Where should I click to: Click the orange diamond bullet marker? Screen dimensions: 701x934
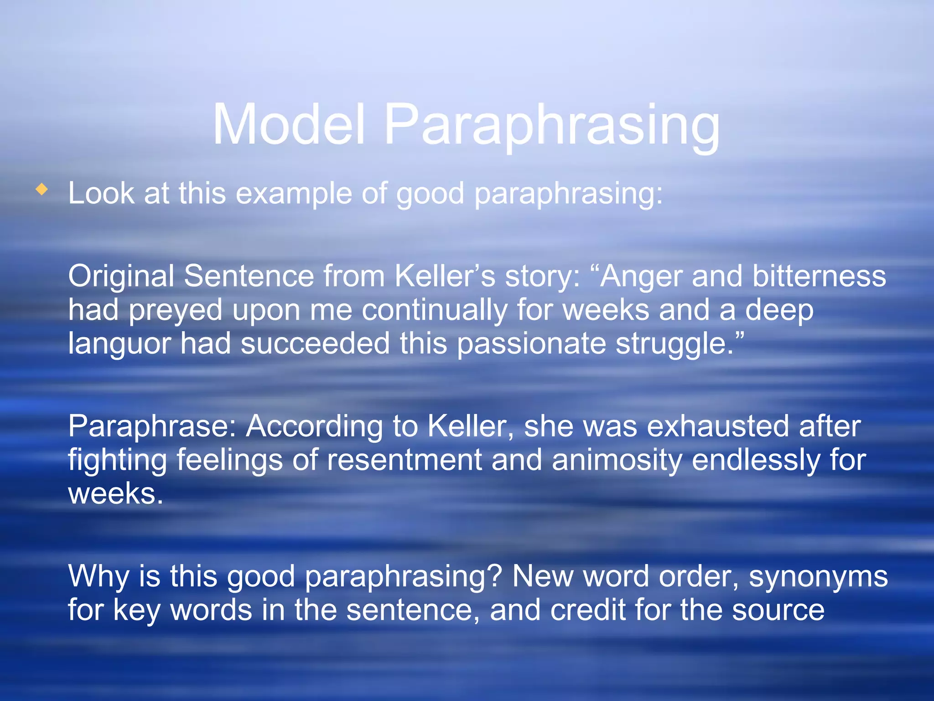42,189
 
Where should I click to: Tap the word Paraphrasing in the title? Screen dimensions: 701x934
552,126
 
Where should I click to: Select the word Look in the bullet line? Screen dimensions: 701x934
101,193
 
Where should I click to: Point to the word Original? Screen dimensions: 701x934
121,277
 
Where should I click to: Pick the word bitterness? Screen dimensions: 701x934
819,276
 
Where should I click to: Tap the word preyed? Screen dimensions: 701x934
176,311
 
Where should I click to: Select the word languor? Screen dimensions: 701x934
119,345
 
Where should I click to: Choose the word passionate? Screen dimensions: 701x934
531,345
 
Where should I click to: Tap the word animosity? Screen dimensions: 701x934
617,460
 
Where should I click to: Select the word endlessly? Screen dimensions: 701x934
756,460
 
